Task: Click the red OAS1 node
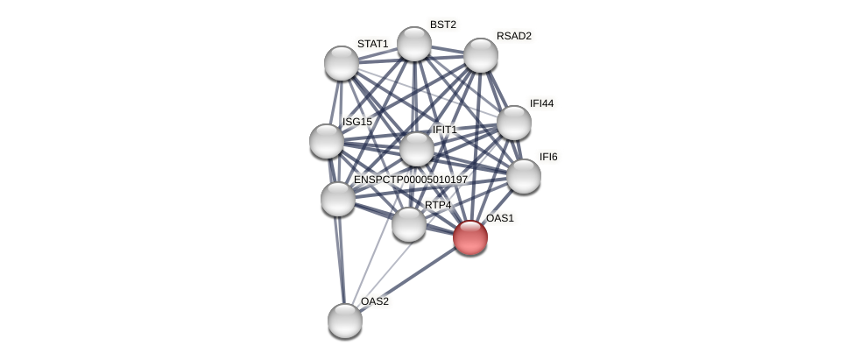point(470,236)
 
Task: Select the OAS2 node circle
point(345,320)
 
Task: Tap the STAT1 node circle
point(342,63)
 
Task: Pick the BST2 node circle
point(414,44)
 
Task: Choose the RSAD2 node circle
point(481,55)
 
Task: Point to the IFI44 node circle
point(514,123)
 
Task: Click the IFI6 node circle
point(524,175)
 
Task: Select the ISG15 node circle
point(327,141)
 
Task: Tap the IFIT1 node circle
point(417,149)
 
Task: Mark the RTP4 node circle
point(409,224)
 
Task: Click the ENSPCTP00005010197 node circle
point(338,199)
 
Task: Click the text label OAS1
point(500,218)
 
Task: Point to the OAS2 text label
point(375,301)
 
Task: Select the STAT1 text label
point(372,44)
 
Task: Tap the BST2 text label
point(443,25)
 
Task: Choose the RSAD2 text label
point(514,36)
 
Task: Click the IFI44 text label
point(542,103)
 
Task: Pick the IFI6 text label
point(548,157)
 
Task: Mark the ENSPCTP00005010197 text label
point(411,180)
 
